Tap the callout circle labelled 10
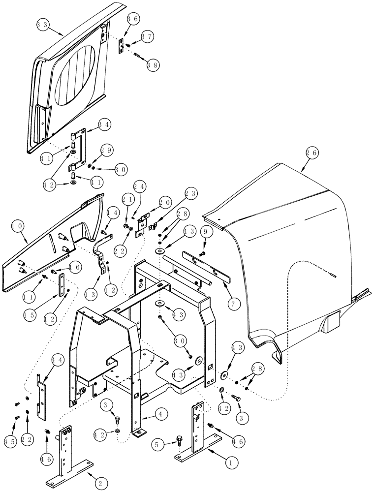(17, 227)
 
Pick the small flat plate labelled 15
(62, 285)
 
